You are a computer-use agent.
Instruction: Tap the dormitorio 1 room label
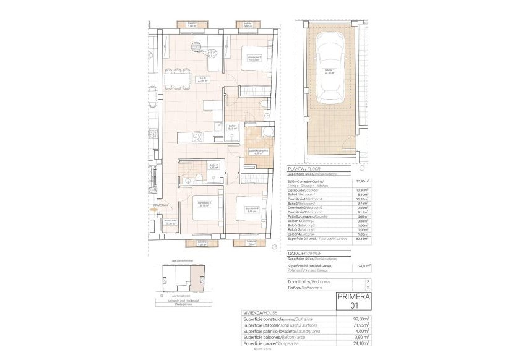pos(252,59)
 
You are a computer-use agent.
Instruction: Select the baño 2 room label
pos(213,166)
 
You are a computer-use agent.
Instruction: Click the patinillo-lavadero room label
pos(257,152)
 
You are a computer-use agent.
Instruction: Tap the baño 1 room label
pos(233,127)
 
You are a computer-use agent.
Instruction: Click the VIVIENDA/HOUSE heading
pos(259,313)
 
